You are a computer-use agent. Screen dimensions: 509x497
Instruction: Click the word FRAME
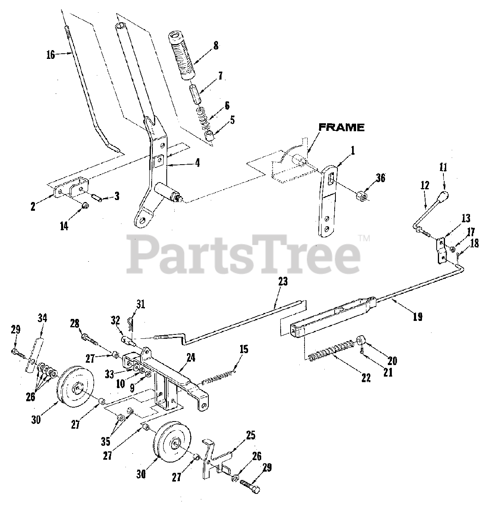[342, 128]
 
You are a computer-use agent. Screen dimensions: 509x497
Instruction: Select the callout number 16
[50, 55]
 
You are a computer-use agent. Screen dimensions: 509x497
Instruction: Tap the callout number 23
[283, 282]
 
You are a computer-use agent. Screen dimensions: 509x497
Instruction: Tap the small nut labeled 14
[85, 206]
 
